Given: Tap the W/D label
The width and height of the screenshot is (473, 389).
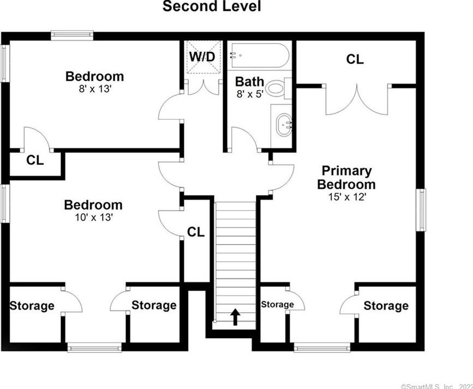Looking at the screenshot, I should [x=202, y=56].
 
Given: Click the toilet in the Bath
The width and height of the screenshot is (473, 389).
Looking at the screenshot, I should [x=278, y=87].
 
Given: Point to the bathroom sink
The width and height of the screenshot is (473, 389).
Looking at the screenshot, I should [x=283, y=125].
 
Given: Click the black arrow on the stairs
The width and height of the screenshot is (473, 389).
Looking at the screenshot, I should [x=235, y=316].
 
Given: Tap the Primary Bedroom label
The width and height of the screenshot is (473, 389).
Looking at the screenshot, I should [x=346, y=177].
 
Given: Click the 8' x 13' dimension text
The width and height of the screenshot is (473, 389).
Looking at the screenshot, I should [x=94, y=89].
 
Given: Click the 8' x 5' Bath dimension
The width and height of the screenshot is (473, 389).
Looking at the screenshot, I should [x=249, y=94].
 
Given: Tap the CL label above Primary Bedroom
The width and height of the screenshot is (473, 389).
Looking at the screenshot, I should [x=355, y=59].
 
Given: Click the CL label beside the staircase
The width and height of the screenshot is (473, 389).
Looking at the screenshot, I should [x=196, y=232].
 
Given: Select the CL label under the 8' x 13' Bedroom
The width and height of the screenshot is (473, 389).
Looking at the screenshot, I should [x=35, y=160].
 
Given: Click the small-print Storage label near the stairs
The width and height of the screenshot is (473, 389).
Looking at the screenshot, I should [x=277, y=304].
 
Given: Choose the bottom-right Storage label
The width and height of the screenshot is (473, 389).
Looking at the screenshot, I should [x=386, y=306].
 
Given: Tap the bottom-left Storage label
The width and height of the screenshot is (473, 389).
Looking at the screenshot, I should [x=32, y=306].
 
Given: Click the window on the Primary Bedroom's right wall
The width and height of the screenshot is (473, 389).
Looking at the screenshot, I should [x=422, y=210].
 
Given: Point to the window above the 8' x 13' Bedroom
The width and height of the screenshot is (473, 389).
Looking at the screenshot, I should [x=72, y=35].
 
